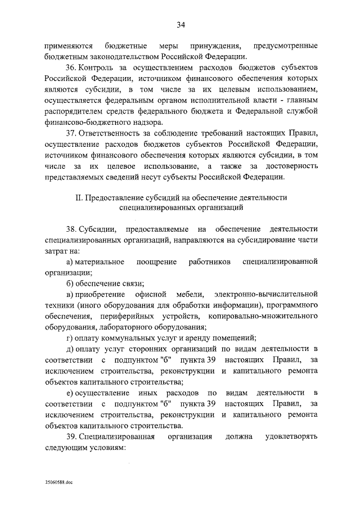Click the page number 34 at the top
[x=181, y=24]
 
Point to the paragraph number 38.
[x=71, y=229]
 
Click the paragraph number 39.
[x=71, y=436]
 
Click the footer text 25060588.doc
[x=60, y=482]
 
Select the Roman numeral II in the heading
[x=78, y=197]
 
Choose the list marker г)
[x=70, y=337]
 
